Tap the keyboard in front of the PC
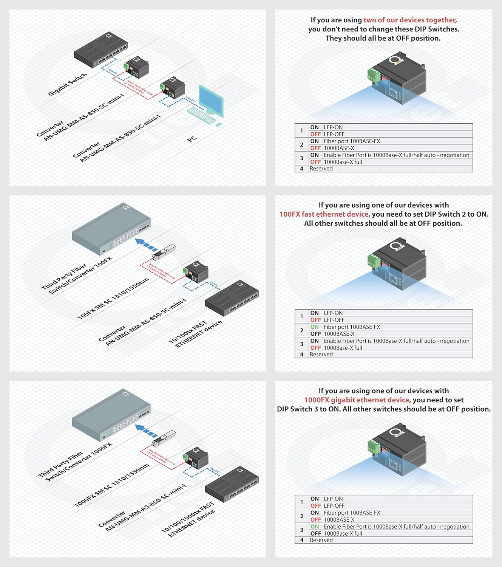tap(201, 115)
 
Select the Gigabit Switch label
tap(68, 84)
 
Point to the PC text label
tap(192, 139)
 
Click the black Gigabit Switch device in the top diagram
tap(100, 49)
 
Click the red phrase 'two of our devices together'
tap(409, 20)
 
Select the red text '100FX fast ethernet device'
tap(323, 214)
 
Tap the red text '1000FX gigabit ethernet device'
tap(356, 400)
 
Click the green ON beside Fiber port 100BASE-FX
tap(315, 327)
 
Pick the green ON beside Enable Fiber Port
tap(315, 527)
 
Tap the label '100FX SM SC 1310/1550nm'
tap(113, 299)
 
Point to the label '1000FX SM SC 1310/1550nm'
tap(111, 485)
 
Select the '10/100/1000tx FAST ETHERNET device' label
tap(188, 519)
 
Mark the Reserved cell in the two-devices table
tap(321, 169)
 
